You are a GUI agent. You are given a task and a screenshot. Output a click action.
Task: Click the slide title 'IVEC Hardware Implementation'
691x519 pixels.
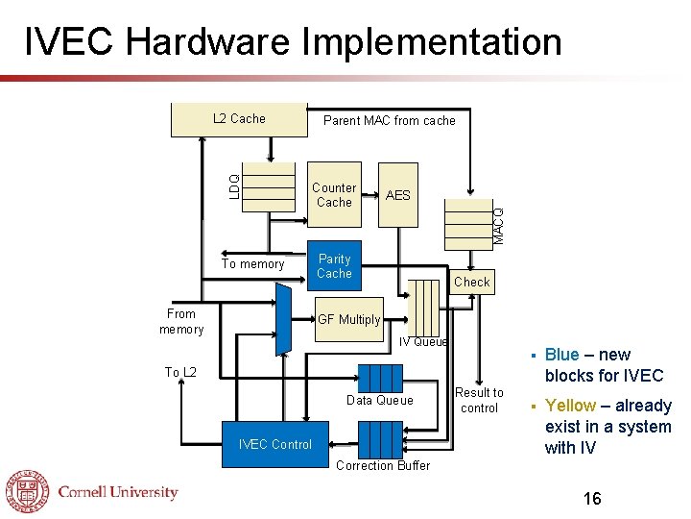293,42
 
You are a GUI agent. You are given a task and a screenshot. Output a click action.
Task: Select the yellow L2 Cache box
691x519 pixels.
239,119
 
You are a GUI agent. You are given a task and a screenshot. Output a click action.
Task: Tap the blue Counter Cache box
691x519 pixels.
334,195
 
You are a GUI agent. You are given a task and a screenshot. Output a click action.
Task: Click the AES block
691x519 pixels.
397,195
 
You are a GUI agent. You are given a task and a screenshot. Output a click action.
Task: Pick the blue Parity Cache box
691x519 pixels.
334,266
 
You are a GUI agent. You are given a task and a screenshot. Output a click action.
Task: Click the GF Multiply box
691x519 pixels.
349,319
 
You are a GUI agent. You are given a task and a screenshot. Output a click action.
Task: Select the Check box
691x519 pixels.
471,282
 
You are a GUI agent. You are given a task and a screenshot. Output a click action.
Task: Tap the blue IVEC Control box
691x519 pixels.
275,444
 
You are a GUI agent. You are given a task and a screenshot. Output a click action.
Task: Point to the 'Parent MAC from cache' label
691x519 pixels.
390,121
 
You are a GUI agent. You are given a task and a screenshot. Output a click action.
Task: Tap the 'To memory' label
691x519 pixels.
253,264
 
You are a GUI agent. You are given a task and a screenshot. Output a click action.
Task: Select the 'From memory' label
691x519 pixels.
181,321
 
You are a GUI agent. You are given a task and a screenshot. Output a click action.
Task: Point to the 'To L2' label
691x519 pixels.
180,372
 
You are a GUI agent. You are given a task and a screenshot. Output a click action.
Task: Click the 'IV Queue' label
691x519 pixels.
423,341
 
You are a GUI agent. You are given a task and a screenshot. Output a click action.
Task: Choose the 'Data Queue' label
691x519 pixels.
380,400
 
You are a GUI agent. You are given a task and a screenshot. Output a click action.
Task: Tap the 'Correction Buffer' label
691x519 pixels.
381,466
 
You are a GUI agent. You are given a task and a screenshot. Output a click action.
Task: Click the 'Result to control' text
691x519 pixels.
479,400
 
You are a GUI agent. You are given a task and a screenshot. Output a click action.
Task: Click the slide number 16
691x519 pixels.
592,498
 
